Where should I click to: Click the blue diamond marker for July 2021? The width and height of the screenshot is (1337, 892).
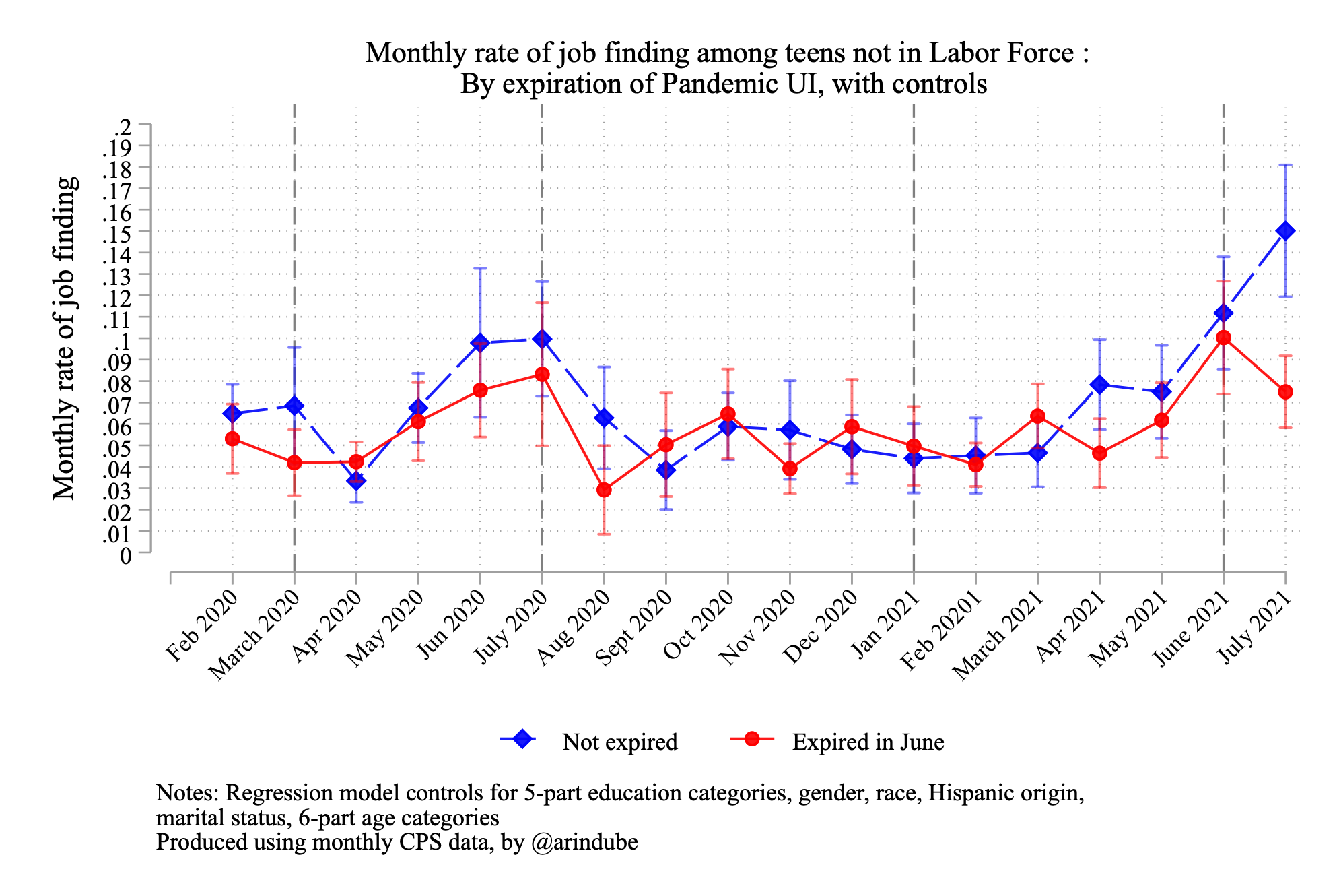pyautogui.click(x=1285, y=231)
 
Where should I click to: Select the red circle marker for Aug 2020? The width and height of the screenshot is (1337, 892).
pyautogui.click(x=604, y=490)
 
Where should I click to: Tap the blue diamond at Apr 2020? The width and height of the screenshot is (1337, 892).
pyautogui.click(x=356, y=480)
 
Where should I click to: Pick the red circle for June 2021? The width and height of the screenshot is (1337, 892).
pyautogui.click(x=1223, y=338)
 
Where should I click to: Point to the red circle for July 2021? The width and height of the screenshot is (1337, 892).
pyautogui.click(x=1285, y=392)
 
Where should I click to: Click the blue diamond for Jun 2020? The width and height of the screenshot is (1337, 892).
pyautogui.click(x=480, y=342)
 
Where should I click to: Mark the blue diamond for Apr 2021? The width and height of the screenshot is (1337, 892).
pyautogui.click(x=1099, y=385)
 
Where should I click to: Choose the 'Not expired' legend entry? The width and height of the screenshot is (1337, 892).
pyautogui.click(x=619, y=742)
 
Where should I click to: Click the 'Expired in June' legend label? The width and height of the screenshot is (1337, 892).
pyautogui.click(x=868, y=742)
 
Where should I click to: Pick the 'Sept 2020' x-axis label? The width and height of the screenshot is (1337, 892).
pyautogui.click(x=633, y=629)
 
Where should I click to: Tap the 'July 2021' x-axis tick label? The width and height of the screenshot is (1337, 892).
pyautogui.click(x=1256, y=628)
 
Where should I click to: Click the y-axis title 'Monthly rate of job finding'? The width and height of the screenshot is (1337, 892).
pyautogui.click(x=65, y=338)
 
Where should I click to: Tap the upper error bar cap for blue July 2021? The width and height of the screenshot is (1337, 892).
pyautogui.click(x=1285, y=165)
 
